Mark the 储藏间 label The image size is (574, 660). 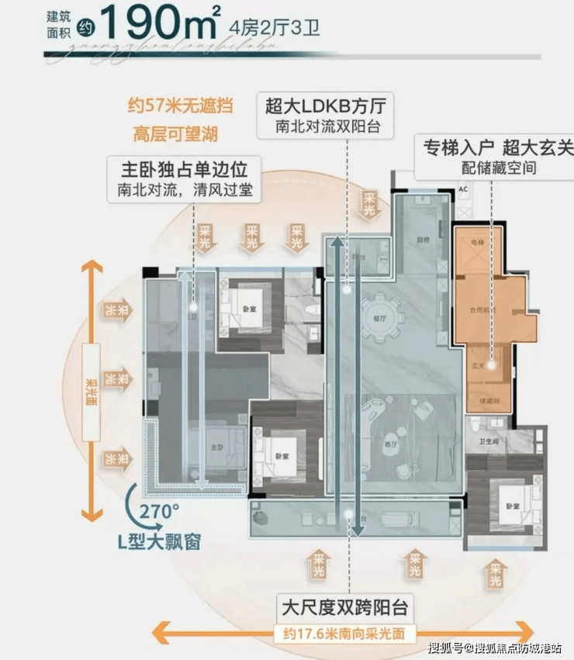[x=486, y=401]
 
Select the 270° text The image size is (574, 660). [x=160, y=511]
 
